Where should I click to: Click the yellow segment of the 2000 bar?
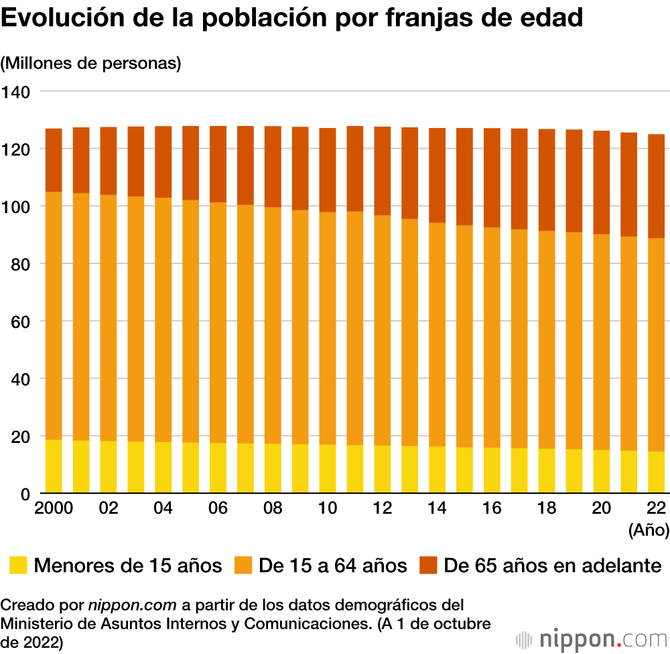(x=54, y=466)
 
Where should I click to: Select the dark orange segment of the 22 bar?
(x=657, y=186)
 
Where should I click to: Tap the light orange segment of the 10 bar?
(x=328, y=328)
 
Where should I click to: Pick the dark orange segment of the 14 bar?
(x=437, y=175)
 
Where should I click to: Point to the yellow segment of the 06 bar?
(x=218, y=468)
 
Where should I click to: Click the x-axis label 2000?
(x=54, y=509)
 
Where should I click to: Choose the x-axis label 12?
(x=382, y=509)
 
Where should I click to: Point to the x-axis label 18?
(x=547, y=509)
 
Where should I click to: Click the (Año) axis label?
(x=649, y=531)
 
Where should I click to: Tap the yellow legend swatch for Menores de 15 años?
(x=18, y=565)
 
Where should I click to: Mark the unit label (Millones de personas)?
(x=92, y=64)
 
